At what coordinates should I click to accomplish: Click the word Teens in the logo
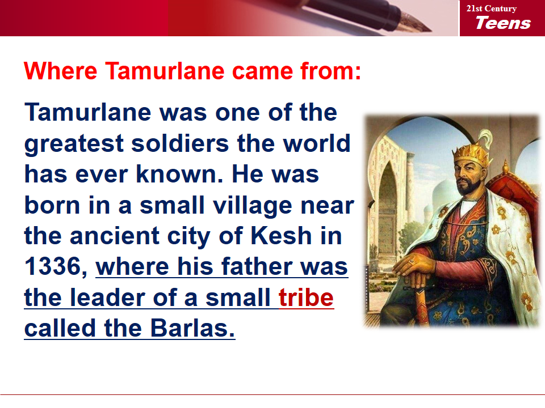503,23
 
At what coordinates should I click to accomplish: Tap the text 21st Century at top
492,8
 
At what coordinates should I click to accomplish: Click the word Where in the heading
61,71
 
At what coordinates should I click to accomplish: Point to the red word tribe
306,297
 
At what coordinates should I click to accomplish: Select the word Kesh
281,236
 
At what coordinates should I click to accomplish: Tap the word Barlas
193,328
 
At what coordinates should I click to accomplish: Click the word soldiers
180,143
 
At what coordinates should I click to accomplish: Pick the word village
252,206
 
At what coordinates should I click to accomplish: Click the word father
257,266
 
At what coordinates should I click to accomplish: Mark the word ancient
114,236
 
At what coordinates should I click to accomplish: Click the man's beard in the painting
467,186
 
